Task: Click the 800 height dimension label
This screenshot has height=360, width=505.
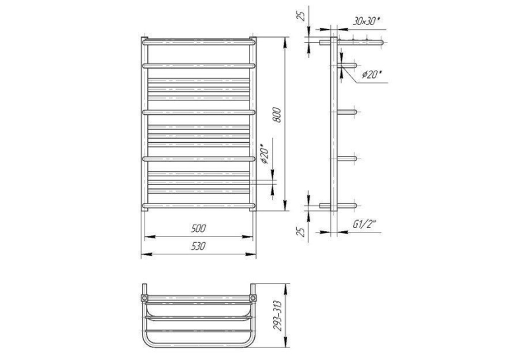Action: [277, 115]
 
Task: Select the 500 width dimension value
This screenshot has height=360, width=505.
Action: [198, 229]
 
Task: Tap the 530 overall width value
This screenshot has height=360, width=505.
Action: [198, 246]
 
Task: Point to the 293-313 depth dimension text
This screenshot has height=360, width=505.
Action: [277, 316]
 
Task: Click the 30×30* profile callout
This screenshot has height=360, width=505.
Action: [366, 21]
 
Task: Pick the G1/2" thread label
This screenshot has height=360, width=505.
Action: [364, 225]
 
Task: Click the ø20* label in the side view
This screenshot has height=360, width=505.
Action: [371, 75]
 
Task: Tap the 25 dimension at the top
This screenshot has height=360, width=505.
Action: [302, 15]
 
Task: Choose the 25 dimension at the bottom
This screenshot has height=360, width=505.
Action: [302, 232]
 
